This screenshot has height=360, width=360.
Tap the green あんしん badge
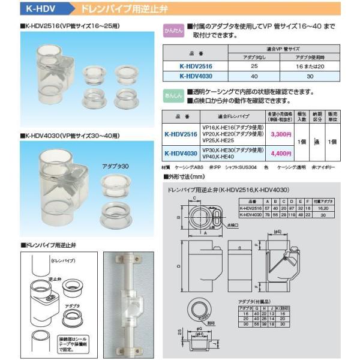point(173,95)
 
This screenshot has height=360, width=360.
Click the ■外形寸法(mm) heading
point(185,178)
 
